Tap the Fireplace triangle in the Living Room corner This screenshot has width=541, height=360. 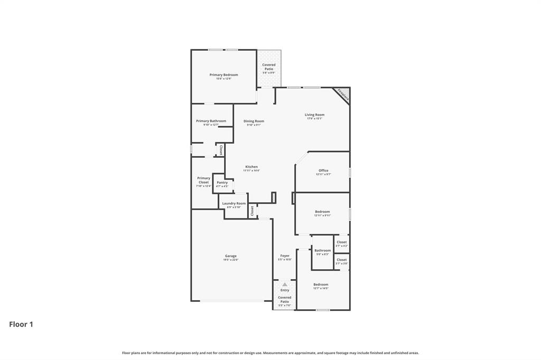tap(343, 95)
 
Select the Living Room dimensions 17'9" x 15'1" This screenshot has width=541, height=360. tap(314, 119)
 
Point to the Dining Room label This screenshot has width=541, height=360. tap(254, 121)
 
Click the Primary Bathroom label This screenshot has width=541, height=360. tap(211, 121)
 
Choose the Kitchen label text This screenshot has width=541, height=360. tap(251, 167)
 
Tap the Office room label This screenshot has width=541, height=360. tap(323, 170)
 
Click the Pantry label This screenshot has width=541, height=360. tap(222, 183)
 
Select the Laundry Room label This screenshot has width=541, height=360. tap(234, 203)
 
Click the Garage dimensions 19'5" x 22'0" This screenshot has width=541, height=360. tap(231, 260)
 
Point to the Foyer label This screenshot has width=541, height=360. tap(285, 256)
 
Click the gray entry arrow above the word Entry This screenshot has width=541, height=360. tap(285, 285)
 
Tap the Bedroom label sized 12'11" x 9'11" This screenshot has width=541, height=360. tap(322, 212)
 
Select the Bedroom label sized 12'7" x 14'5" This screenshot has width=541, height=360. tap(321, 285)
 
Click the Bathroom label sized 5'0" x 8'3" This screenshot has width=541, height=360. tap(323, 251)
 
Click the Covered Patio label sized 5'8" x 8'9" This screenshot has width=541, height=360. tap(269, 67)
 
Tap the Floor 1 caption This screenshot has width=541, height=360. tap(21, 325)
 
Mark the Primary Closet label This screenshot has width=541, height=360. tap(203, 180)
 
